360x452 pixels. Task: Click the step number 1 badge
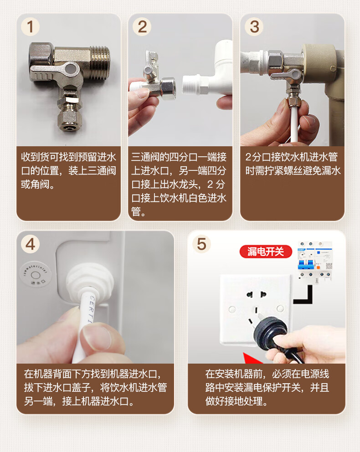30,27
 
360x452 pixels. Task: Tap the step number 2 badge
142,27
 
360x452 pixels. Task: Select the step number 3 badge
254,27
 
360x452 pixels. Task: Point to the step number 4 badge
30,244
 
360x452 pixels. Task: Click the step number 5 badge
201,244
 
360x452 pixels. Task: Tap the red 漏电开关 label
266,252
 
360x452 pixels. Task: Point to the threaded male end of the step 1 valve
100,62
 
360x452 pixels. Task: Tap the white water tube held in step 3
294,124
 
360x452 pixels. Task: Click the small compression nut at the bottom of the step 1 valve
69,120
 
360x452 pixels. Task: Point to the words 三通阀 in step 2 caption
145,157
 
